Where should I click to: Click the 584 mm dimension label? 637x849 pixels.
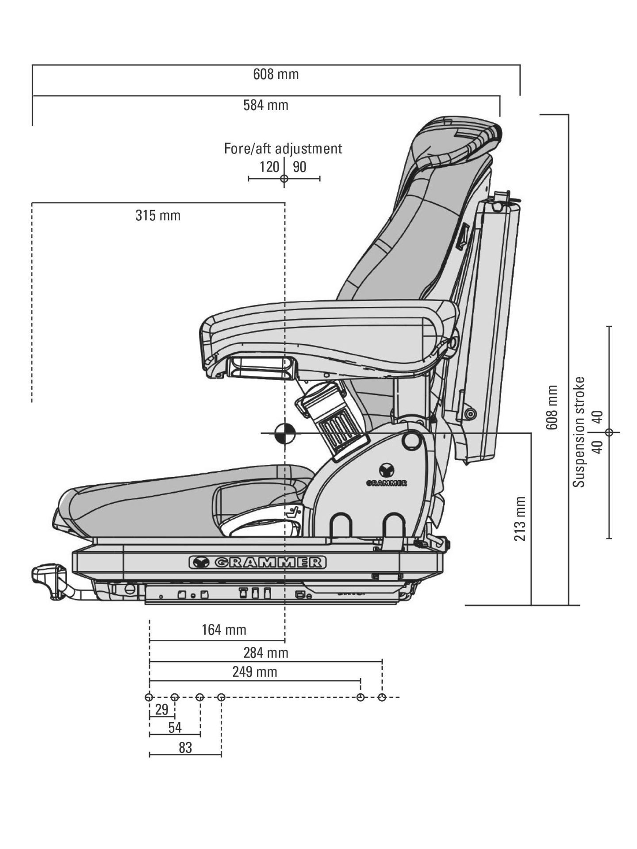265,105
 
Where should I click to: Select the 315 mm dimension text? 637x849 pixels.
158,216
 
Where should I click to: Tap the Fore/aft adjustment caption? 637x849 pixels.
283,148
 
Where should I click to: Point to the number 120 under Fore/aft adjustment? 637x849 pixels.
269,167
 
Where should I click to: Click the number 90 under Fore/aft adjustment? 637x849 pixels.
299,167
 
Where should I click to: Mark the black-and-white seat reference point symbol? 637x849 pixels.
285,433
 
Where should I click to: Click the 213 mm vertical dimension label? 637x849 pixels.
520,518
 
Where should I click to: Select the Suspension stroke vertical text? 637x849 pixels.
579,432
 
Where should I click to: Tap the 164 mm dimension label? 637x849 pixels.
224,630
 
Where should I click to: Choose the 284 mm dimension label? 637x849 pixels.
265,653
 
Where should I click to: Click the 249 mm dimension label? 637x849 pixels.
255,672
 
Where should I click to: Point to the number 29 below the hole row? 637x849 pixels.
162,709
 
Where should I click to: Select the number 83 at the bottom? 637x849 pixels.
185,748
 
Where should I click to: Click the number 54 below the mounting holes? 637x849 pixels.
175,728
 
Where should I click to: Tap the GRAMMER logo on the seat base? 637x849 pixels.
258,562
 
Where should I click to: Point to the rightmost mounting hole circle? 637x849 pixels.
382,697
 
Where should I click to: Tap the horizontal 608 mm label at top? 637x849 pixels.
276,74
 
